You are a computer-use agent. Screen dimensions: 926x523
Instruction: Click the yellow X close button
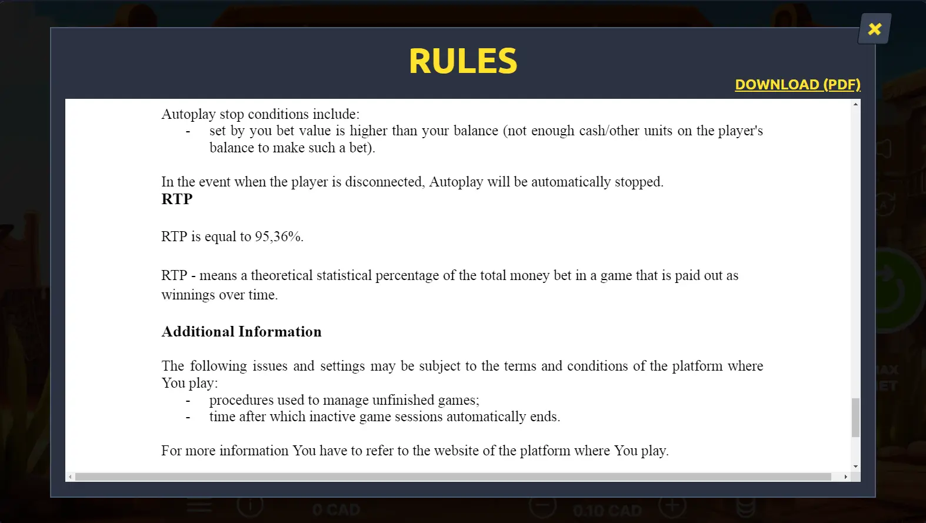coord(875,29)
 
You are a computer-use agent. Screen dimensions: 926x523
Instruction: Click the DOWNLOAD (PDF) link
coord(797,85)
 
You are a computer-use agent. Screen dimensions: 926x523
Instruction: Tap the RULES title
coord(463,61)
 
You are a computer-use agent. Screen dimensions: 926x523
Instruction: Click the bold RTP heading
coord(177,199)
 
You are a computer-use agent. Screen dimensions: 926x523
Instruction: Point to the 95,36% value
coord(278,236)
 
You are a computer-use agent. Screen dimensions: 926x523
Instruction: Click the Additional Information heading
coord(241,332)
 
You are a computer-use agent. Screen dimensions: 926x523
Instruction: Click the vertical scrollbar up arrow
coord(855,104)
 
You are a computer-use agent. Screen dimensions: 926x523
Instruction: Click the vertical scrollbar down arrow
coord(855,467)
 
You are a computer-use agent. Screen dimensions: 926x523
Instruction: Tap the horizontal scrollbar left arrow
coord(70,477)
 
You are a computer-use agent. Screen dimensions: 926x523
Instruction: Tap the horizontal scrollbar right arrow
coord(846,477)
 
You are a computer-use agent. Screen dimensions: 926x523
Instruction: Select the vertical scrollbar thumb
coord(855,417)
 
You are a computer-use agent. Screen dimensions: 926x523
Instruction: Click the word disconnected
coord(385,182)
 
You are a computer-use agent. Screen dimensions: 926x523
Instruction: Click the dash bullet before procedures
coord(188,400)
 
